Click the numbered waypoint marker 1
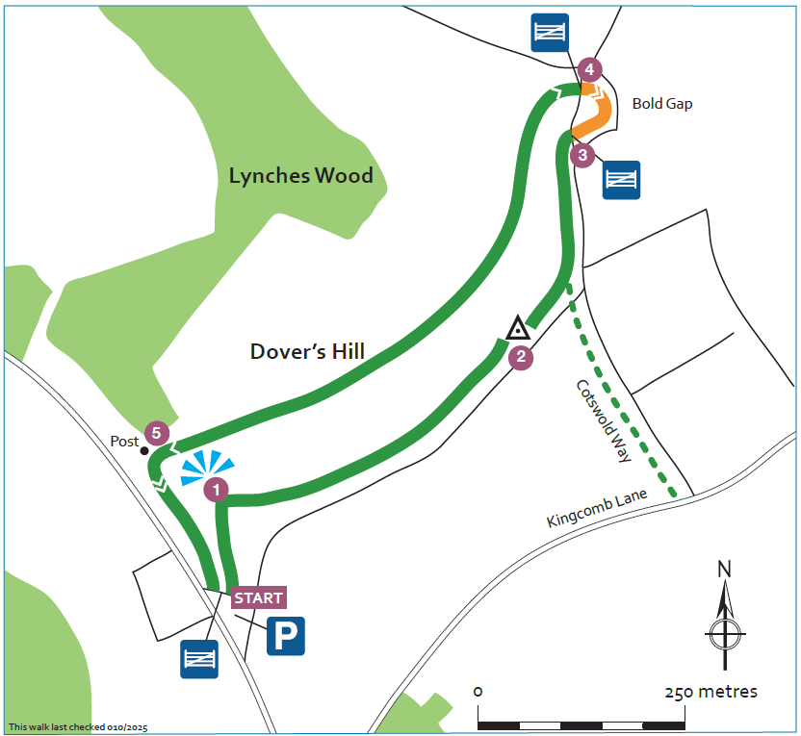point(217,490)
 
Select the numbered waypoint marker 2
point(521,357)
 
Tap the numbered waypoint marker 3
point(581,154)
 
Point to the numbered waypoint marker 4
point(590,70)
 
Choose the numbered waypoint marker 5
point(155,433)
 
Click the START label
point(259,597)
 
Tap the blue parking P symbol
point(285,636)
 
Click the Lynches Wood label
point(300,176)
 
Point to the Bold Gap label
point(662,104)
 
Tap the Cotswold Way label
point(604,420)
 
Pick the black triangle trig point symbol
point(518,328)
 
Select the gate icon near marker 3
point(621,180)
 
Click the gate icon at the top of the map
point(550,33)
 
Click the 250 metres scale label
point(711,692)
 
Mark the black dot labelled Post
point(144,450)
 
